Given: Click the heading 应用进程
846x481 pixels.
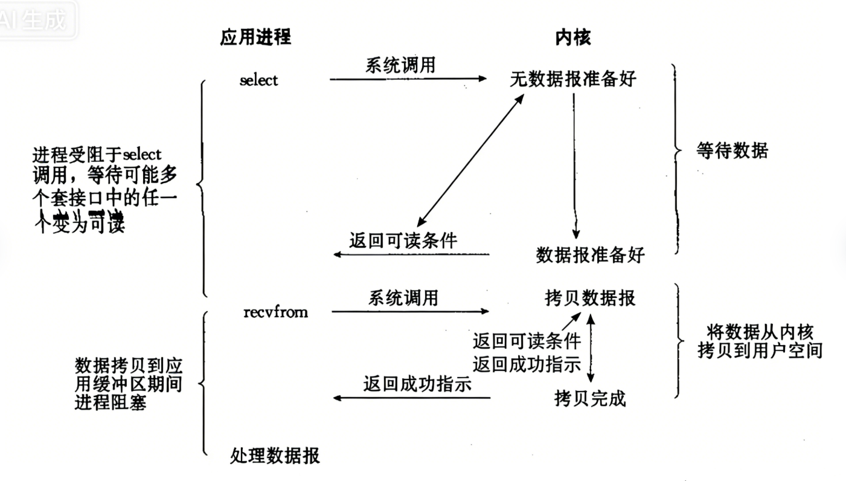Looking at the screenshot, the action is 255,37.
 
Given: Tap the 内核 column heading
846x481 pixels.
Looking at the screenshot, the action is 572,37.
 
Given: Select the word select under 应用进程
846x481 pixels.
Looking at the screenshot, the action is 258,80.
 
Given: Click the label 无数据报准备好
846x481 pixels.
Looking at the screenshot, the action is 573,79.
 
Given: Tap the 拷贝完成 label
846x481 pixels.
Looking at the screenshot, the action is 590,399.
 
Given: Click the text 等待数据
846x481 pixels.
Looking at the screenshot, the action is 732,151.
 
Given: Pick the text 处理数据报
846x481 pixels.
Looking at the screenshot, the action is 275,455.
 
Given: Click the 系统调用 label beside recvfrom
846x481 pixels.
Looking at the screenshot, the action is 403,298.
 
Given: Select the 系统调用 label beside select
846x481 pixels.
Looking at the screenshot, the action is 400,65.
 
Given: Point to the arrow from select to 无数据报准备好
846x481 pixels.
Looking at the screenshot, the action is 408,79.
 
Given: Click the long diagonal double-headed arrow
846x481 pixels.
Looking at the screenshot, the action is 471,160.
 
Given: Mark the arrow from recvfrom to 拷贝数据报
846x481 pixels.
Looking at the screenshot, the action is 411,312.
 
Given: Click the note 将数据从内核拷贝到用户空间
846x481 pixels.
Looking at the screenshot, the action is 760,341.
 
